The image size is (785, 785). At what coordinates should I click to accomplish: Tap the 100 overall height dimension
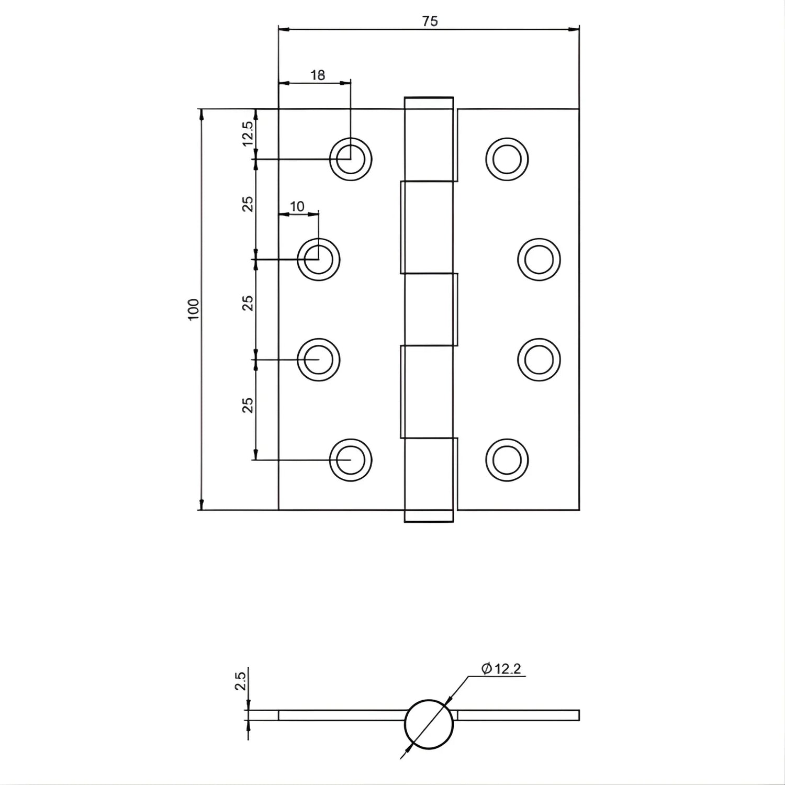tap(194, 309)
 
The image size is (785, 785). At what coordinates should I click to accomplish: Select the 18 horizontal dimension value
tap(318, 75)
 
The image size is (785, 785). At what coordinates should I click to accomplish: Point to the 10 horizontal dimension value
tap(297, 207)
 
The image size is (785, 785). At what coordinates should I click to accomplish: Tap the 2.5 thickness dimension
tap(241, 682)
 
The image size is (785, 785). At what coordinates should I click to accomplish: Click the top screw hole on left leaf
tap(351, 159)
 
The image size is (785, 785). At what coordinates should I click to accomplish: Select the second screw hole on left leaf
tap(319, 259)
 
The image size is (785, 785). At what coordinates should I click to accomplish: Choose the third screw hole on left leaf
tap(319, 360)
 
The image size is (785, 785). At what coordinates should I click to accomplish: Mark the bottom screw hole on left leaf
tap(351, 460)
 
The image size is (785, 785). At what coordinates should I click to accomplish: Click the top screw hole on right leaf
tap(507, 159)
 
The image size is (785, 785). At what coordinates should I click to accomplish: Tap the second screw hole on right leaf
tap(539, 259)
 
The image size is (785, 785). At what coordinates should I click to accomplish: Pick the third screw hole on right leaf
tap(539, 360)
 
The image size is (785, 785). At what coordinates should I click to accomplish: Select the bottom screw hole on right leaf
tap(507, 460)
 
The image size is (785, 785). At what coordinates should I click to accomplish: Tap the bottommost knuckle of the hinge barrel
tap(429, 480)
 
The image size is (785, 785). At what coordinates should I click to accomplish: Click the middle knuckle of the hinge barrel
tap(429, 309)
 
